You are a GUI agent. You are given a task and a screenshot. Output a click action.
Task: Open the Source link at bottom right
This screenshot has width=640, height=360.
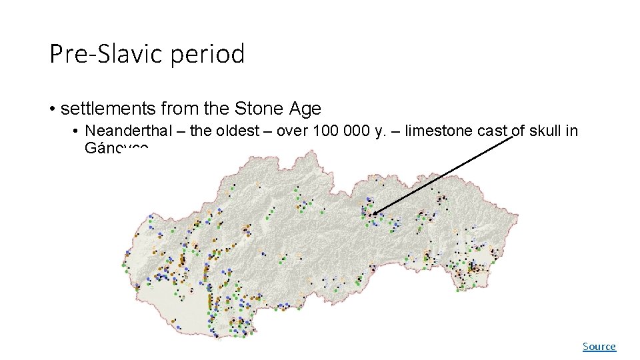click(x=599, y=347)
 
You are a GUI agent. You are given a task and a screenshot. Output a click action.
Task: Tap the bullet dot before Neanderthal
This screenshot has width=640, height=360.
click(x=77, y=131)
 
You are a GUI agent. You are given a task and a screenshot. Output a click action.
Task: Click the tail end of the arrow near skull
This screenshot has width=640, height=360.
click(x=514, y=137)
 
